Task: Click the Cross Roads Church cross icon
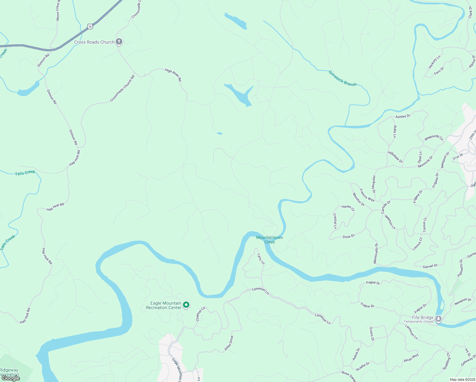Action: (x=119, y=41)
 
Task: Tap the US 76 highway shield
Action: (x=90, y=26)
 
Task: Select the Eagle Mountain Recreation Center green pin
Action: (x=186, y=305)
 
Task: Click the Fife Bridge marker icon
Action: (x=438, y=318)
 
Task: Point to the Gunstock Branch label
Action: (x=342, y=78)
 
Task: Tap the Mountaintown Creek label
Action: (x=269, y=240)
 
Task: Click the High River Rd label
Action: (x=173, y=75)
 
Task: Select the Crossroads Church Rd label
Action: (x=122, y=88)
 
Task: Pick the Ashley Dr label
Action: (x=403, y=117)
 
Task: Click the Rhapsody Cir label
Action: (x=434, y=138)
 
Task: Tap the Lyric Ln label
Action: (x=261, y=259)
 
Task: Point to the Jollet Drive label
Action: (x=229, y=343)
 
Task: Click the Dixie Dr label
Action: (x=348, y=237)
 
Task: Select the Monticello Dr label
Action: (x=376, y=253)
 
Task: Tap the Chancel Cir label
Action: (x=201, y=314)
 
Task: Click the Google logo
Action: (x=11, y=378)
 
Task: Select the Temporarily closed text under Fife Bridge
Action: (x=418, y=322)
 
